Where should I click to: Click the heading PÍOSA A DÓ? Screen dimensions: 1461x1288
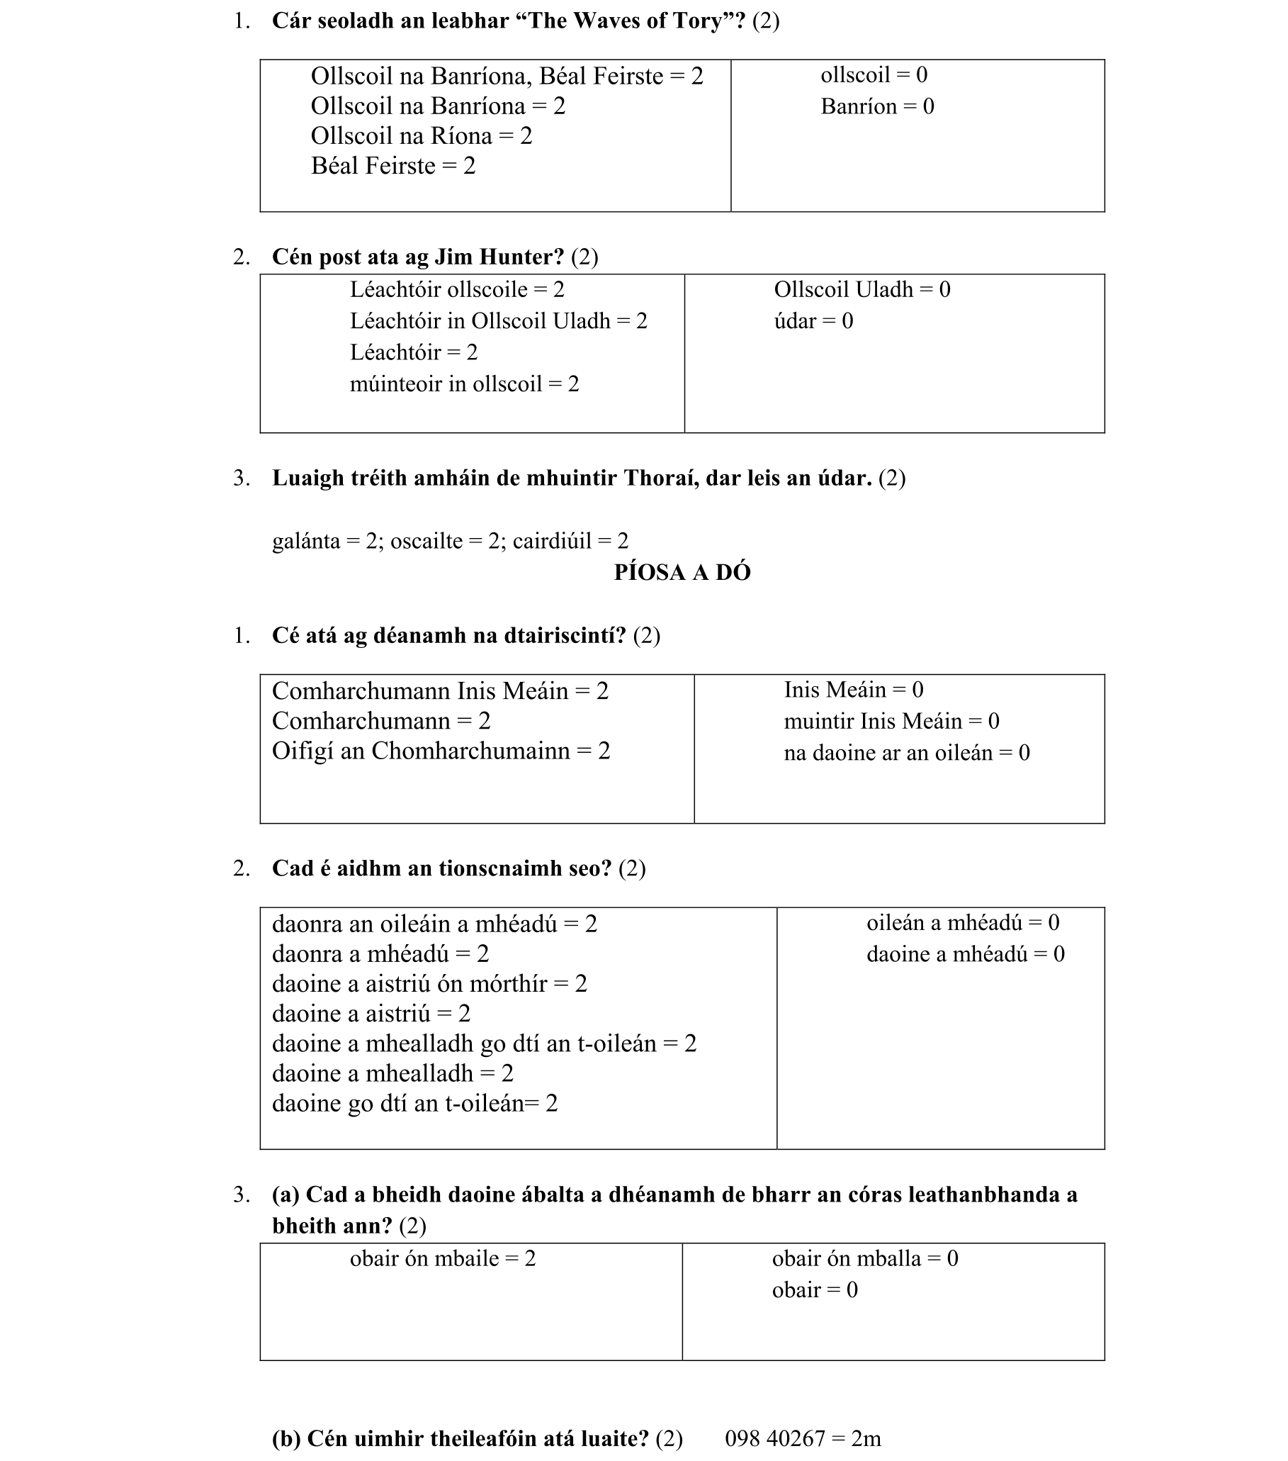tap(682, 573)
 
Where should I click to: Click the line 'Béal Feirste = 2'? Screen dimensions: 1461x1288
tap(393, 166)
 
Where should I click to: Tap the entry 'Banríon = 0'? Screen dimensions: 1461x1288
tap(876, 106)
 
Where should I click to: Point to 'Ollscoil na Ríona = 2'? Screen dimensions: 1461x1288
tap(422, 136)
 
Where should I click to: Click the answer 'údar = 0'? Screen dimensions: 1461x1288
tap(813, 321)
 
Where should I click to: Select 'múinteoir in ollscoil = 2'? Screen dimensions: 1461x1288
tap(464, 384)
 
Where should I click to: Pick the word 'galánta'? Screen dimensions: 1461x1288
tap(306, 541)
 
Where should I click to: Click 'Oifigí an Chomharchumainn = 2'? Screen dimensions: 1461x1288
tap(441, 751)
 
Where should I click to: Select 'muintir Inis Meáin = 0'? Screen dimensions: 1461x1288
tap(891, 721)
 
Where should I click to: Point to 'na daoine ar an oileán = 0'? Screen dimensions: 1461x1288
tap(906, 753)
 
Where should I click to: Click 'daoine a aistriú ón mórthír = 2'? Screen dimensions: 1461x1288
tap(429, 983)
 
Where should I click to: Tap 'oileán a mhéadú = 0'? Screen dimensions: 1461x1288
tap(962, 923)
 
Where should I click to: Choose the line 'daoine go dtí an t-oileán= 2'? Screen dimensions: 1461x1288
tap(414, 1104)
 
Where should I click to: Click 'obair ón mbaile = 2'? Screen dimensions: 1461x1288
tap(442, 1259)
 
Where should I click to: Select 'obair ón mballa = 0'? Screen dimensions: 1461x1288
tap(864, 1259)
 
